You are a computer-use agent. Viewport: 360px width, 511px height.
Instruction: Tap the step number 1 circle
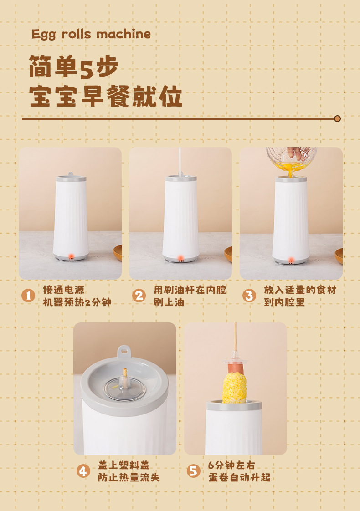point(28,296)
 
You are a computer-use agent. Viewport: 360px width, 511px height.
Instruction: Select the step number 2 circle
point(139,296)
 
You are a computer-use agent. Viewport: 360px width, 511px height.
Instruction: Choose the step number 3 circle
point(249,296)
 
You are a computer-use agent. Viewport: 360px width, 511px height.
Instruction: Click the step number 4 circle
point(83,471)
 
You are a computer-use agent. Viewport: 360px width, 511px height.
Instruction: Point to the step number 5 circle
point(193,471)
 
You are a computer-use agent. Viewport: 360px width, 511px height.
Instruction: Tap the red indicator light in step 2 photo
point(181,257)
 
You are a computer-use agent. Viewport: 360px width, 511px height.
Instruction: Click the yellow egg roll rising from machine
point(234,388)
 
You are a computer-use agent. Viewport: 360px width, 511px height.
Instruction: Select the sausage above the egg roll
point(236,369)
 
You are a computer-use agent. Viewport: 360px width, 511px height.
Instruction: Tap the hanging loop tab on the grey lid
point(124,352)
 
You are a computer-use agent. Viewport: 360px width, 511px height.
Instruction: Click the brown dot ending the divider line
point(338,118)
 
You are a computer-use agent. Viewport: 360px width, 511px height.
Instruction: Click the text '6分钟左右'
point(231,465)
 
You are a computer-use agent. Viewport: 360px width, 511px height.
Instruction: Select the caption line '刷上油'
point(169,302)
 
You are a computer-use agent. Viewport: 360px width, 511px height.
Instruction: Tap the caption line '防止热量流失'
point(129,477)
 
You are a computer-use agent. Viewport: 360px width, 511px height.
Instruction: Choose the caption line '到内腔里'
point(284,302)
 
